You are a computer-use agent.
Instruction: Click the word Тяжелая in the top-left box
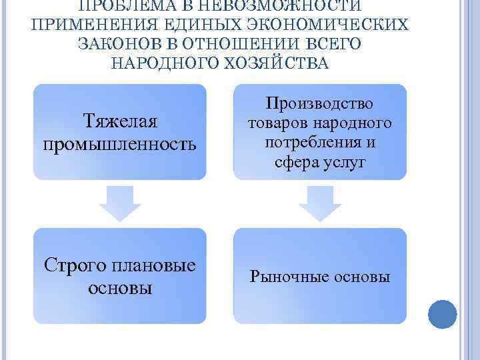120,122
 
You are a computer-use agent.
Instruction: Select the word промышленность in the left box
120,144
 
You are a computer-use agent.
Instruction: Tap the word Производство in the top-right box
319,103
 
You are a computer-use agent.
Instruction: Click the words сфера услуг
320,162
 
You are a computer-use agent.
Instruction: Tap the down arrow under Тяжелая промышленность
120,204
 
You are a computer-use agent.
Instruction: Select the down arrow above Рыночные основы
320,204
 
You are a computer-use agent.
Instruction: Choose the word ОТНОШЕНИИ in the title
241,44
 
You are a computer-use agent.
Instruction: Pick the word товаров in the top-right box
277,123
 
